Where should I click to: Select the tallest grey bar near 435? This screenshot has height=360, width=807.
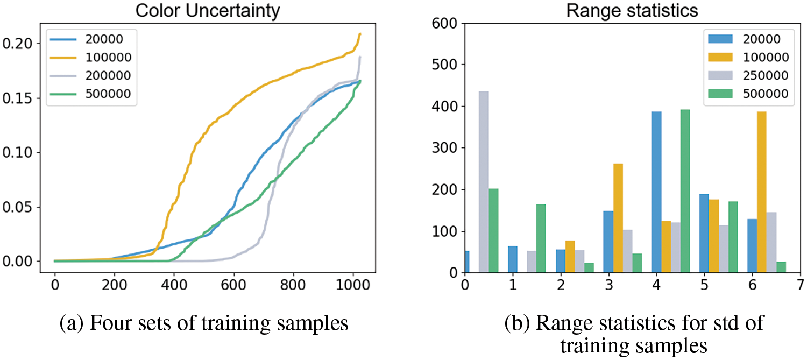click(x=483, y=182)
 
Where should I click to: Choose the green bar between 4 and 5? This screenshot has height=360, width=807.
click(x=684, y=191)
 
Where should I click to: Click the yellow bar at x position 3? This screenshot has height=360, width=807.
click(x=618, y=218)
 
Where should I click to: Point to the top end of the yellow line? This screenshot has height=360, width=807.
click(x=359, y=34)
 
